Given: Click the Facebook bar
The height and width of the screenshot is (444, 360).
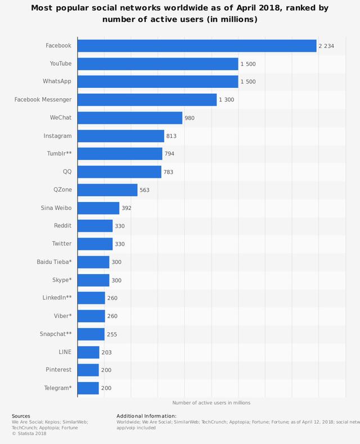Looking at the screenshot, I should tap(197, 46).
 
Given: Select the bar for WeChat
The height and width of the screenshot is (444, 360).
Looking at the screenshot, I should tap(130, 118).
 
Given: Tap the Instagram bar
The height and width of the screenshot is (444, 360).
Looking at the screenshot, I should tap(121, 136).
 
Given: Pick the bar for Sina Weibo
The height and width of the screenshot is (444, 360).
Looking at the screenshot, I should tap(98, 208).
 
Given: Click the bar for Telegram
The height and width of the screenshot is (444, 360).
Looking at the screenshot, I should tap(88, 388).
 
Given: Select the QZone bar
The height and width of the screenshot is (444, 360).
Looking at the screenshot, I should tap(107, 190).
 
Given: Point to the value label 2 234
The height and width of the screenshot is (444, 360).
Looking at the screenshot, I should tap(326, 46).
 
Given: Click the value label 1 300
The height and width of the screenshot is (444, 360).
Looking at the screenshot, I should tap(227, 100).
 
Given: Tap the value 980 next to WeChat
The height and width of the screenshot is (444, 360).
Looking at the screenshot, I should tap(190, 118).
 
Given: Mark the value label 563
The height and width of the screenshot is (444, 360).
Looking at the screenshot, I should tap(145, 190).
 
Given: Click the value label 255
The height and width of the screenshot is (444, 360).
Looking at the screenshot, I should tap(112, 334).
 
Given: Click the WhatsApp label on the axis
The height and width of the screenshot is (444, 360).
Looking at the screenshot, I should tap(57, 82).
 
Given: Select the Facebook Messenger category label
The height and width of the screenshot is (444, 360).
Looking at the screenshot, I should tap(43, 100).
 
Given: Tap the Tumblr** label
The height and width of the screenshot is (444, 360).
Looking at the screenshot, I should tap(59, 154).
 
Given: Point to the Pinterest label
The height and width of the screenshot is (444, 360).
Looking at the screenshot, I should tap(58, 370).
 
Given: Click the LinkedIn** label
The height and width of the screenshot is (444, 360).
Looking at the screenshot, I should tap(57, 298).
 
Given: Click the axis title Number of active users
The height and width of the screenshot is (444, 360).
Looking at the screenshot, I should tap(211, 402).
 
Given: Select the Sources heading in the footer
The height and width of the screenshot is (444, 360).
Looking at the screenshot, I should tap(21, 416).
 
